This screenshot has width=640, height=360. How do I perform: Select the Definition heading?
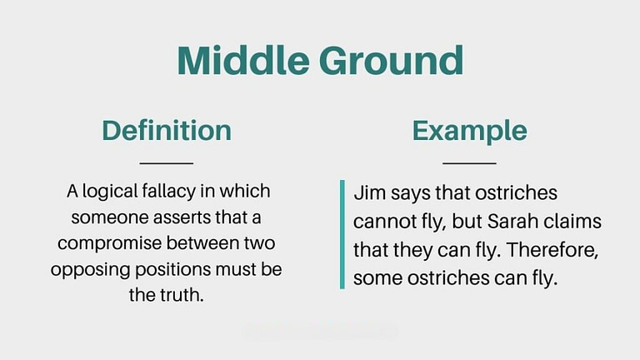(x=167, y=130)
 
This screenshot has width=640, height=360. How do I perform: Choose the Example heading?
(x=469, y=130)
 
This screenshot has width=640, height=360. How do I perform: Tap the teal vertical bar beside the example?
(x=342, y=234)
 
